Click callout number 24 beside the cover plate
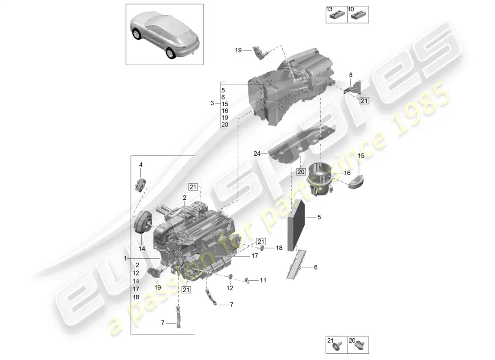(257, 153)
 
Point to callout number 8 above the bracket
(351, 75)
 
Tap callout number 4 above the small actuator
(140, 165)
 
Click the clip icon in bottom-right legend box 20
(360, 346)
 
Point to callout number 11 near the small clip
(263, 280)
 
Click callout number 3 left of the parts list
(212, 103)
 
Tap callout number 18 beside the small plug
(279, 248)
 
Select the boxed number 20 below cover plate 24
(301, 171)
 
